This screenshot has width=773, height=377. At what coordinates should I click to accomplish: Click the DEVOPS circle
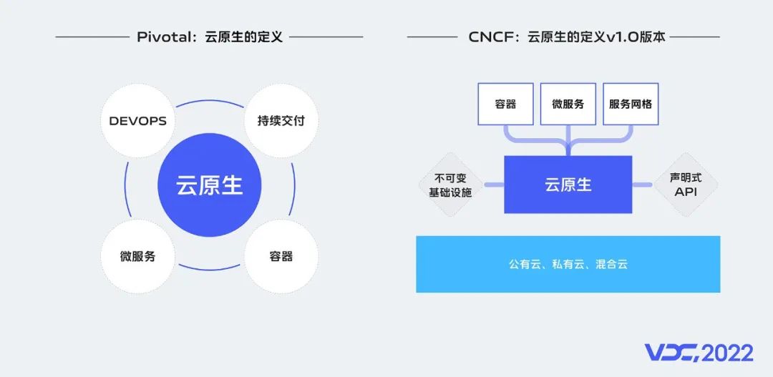point(137,121)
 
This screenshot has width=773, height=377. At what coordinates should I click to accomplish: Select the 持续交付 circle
point(281,121)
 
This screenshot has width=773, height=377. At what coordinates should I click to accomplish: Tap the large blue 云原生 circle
point(210,185)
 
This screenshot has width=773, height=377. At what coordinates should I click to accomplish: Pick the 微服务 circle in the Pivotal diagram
point(137,255)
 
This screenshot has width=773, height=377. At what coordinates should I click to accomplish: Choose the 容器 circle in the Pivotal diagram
point(281,255)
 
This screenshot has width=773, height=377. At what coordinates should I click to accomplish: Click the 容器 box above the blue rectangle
point(505,104)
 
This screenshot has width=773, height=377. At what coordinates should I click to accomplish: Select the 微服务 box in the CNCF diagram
point(568,104)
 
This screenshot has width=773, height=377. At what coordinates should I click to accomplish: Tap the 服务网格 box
point(631,104)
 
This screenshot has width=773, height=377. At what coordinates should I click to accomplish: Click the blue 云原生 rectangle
point(568,185)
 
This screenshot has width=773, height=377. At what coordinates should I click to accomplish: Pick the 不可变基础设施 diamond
point(450,185)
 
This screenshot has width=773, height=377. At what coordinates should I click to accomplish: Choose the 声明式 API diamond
point(686,185)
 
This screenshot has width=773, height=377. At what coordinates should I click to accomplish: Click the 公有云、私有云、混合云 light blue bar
point(568,264)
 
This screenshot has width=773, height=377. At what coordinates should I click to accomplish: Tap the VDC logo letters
point(671,353)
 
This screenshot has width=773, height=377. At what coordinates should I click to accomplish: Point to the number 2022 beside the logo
point(727,353)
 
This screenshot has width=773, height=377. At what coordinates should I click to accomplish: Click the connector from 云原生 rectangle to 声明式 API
point(642,185)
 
